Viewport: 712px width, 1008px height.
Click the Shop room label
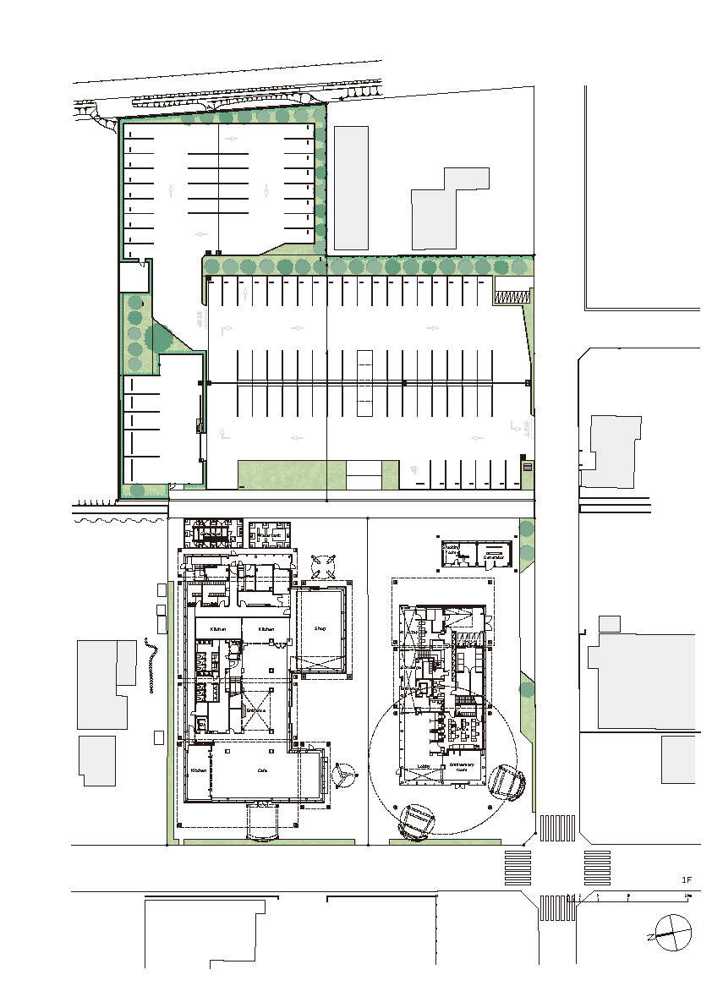(x=320, y=629)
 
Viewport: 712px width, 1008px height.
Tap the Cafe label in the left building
(x=262, y=771)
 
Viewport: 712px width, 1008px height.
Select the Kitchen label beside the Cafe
(x=198, y=771)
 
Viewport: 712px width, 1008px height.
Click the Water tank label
(x=270, y=536)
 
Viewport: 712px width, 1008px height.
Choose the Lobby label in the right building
(x=424, y=766)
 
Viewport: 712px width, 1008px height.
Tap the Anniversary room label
(x=466, y=768)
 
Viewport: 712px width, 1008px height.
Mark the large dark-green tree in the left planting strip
(x=157, y=338)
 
